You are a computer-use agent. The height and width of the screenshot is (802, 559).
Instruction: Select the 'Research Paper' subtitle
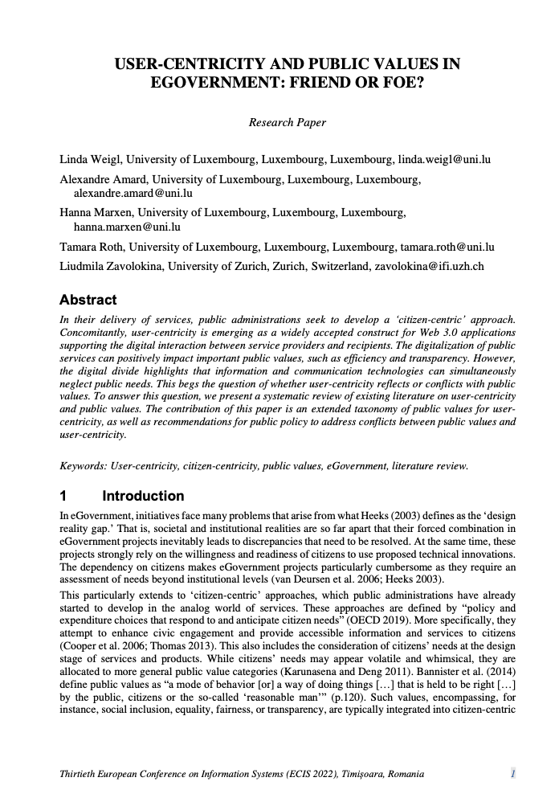pos(288,122)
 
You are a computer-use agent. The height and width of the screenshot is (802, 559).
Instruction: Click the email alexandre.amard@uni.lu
pos(133,193)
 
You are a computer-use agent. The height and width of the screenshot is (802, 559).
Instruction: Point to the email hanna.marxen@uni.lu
pos(127,227)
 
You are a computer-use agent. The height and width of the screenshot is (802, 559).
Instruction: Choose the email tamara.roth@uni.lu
pos(446,247)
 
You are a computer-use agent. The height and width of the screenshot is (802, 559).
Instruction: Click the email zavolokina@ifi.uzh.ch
pos(430,266)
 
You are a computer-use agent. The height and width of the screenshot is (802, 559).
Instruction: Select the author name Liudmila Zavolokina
pos(111,266)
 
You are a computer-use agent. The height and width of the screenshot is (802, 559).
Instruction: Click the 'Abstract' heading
pos(88,300)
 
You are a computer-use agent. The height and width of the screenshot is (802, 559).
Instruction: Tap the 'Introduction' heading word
pos(143,496)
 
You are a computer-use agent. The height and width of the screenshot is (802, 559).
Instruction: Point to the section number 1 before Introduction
pos(64,496)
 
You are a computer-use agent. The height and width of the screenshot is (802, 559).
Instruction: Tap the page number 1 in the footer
pos(512,774)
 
